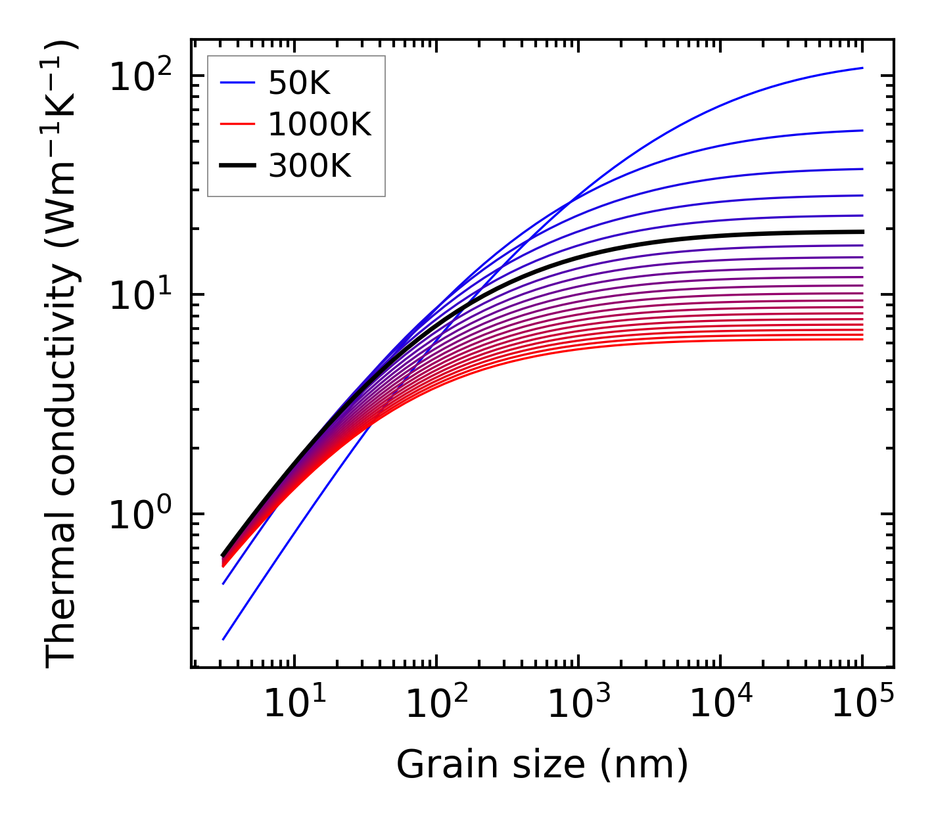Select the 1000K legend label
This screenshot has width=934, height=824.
[320, 125]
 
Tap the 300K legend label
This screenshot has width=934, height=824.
[310, 167]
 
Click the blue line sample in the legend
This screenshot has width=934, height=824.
[237, 83]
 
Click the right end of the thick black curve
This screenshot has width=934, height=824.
[861, 231]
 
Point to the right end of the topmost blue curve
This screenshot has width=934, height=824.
[862, 68]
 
